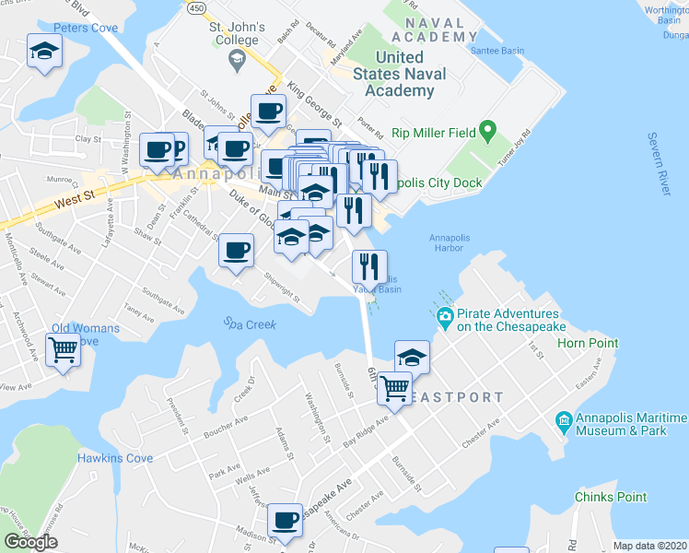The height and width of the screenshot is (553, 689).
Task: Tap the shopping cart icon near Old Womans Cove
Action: (64, 348)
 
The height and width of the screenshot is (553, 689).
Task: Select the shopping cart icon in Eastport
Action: (394, 387)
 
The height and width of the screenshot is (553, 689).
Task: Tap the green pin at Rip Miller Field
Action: (488, 133)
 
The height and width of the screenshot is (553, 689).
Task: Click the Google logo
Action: (30, 542)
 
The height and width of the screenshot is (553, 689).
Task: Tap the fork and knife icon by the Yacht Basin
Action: (368, 266)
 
